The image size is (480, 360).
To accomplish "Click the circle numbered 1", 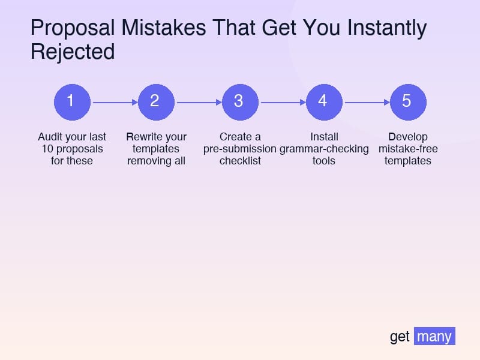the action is point(72,102).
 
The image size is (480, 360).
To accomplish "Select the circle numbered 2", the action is point(156,102).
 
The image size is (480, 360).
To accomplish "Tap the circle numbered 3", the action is point(241,102).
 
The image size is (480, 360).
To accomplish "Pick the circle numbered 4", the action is point(324,102).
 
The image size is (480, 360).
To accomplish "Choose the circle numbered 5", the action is point(408,102).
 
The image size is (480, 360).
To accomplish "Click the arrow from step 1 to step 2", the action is point(115,102).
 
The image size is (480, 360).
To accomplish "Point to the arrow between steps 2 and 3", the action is point(199,102).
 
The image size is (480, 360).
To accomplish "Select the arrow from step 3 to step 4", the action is point(283,102).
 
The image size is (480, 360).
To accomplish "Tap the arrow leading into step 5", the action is point(367,102).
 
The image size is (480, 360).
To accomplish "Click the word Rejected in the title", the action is point(73,52).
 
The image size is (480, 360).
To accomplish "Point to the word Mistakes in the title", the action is point(163,28).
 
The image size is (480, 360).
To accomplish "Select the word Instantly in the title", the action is point(387,28).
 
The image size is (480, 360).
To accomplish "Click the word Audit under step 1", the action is point(49,137).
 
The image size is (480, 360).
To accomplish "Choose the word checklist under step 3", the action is point(241,161).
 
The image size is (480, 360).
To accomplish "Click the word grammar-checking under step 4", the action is point(324,149).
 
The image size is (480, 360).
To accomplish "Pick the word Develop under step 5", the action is point(408,137).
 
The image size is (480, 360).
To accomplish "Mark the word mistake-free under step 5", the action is point(408,149).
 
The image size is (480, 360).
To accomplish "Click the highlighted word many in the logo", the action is point(434,337).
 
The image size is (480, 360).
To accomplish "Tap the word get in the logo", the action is point(400,337).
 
